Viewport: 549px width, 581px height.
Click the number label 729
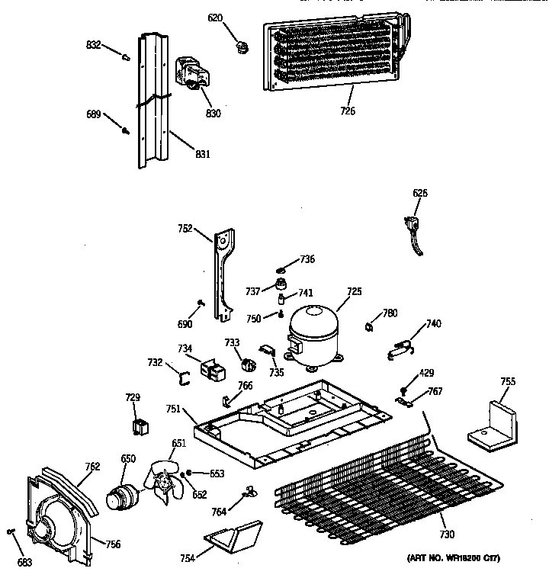click(x=133, y=397)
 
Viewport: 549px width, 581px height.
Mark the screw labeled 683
click(x=11, y=531)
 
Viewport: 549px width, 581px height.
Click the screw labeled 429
click(x=401, y=390)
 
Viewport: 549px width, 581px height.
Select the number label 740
click(x=433, y=323)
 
